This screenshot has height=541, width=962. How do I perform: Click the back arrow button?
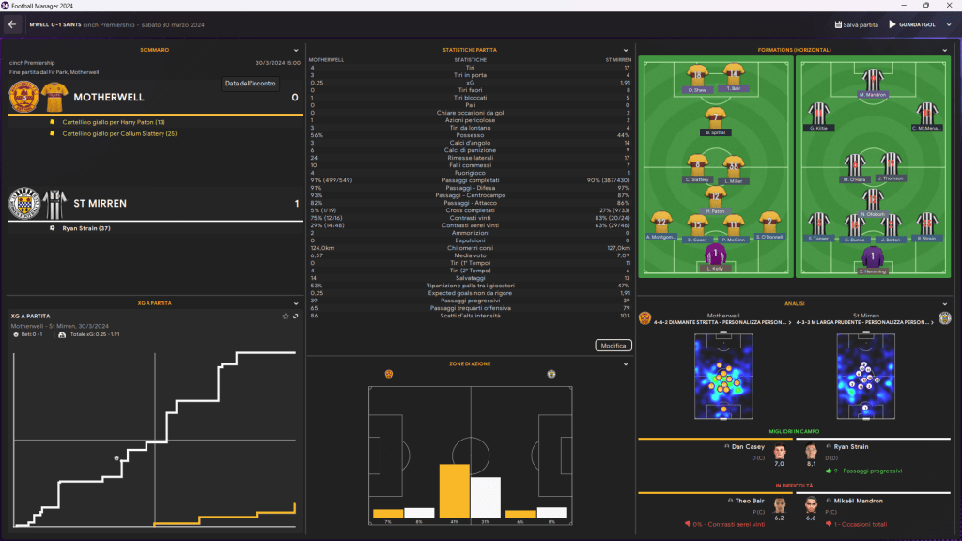click(13, 24)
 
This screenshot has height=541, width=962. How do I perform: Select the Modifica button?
click(612, 346)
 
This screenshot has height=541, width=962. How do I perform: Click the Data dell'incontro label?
click(251, 84)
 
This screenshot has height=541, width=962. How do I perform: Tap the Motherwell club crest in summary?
click(23, 97)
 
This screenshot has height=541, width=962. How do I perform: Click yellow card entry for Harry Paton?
click(113, 122)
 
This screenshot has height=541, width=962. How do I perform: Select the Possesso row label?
click(470, 135)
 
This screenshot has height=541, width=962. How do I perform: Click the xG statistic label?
click(470, 83)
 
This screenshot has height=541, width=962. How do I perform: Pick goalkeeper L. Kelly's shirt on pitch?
click(716, 256)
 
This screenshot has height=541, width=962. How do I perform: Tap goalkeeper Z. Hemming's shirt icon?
click(874, 256)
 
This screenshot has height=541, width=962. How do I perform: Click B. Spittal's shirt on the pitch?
click(716, 118)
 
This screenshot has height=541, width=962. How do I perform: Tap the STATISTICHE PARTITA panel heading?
click(470, 50)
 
